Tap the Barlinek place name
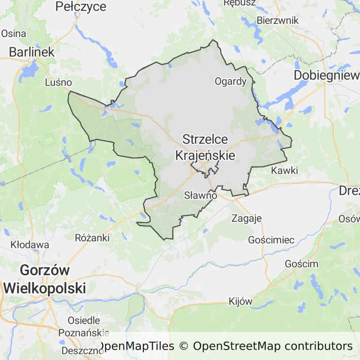click(x=32, y=52)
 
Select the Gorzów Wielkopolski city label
click(x=45, y=279)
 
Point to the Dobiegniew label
click(x=326, y=75)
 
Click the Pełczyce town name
click(x=81, y=7)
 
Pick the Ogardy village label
click(x=230, y=81)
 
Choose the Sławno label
click(x=201, y=195)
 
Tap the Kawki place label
click(x=285, y=170)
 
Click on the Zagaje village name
click(x=247, y=218)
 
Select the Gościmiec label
click(x=271, y=240)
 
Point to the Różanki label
click(x=92, y=238)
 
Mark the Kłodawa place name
click(x=30, y=245)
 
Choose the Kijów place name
click(x=240, y=301)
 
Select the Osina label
click(x=14, y=33)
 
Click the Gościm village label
click(x=301, y=263)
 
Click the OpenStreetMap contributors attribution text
click(x=272, y=346)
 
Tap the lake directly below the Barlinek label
click(x=30, y=70)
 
